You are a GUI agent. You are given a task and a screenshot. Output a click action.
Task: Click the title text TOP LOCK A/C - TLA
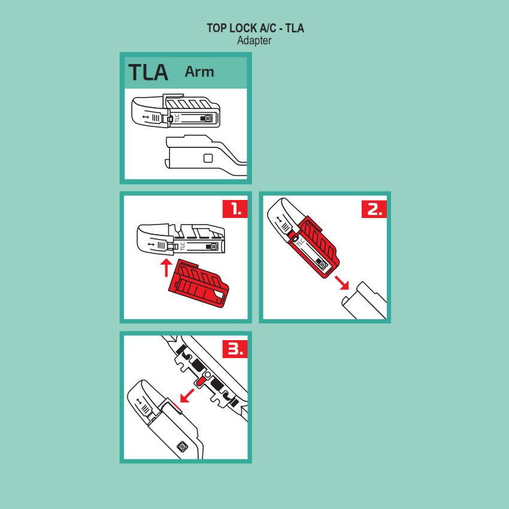click(255, 28)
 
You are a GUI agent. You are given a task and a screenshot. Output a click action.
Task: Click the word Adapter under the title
click(254, 41)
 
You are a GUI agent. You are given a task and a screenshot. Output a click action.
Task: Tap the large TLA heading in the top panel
click(149, 72)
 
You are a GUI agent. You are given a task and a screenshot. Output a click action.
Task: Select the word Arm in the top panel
click(199, 72)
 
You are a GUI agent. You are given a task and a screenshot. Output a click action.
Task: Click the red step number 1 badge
click(235, 209)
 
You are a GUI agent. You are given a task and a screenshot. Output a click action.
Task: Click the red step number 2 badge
click(374, 209)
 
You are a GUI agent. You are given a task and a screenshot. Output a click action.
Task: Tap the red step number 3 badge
click(235, 349)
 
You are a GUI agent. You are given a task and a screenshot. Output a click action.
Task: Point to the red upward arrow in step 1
click(166, 268)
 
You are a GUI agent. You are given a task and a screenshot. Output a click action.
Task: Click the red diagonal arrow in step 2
click(342, 283)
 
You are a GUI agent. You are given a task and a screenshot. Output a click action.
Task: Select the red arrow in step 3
click(187, 396)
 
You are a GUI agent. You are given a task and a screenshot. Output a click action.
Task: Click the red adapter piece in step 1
click(199, 284)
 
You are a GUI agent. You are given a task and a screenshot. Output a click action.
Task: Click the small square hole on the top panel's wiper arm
click(208, 158)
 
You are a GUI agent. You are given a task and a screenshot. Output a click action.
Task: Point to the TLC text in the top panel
click(177, 117)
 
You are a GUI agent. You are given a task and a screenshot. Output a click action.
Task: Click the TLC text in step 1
click(182, 246)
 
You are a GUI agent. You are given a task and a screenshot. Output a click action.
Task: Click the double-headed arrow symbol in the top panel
click(146, 117)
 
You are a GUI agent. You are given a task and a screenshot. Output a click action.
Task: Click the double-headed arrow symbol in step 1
click(151, 244)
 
